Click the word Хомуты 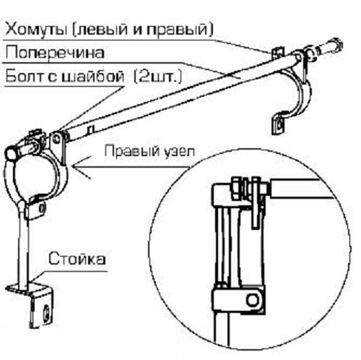click(x=35, y=29)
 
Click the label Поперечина click(x=55, y=53)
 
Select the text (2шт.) click(x=158, y=77)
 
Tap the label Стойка click(x=77, y=259)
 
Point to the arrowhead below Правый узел click(x=78, y=166)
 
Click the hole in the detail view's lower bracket click(x=253, y=300)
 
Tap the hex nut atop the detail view click(x=237, y=189)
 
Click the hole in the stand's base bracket click(x=45, y=312)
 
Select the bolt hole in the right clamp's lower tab click(x=279, y=125)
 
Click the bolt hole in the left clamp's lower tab click(x=43, y=208)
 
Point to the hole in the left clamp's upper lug click(x=56, y=139)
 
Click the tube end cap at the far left click(x=10, y=154)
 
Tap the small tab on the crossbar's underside click(x=91, y=129)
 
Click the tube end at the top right click(x=336, y=45)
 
